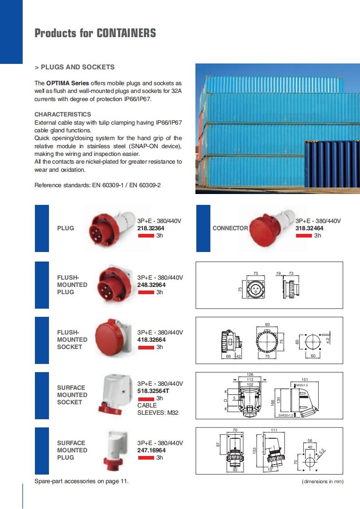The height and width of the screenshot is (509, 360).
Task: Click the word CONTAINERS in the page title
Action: tap(126, 33)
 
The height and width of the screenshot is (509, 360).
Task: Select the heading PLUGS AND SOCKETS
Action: tap(78, 67)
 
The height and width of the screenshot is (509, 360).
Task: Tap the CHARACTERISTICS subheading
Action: tap(63, 114)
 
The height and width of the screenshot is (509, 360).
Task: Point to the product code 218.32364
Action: tap(151, 228)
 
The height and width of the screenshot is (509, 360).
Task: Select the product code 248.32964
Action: tap(151, 285)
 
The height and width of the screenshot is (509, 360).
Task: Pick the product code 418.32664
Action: tap(151, 339)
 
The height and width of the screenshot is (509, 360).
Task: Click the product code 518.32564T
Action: tap(153, 391)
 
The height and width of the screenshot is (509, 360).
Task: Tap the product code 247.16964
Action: tap(151, 450)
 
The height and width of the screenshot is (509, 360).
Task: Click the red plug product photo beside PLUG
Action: tap(109, 227)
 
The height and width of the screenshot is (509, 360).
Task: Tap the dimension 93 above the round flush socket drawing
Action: tap(267, 325)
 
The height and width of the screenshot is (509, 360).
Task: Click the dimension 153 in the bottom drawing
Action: tap(255, 450)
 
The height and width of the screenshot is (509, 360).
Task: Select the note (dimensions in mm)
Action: tap(322, 481)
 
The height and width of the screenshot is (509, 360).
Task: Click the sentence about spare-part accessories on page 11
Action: tap(81, 481)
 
